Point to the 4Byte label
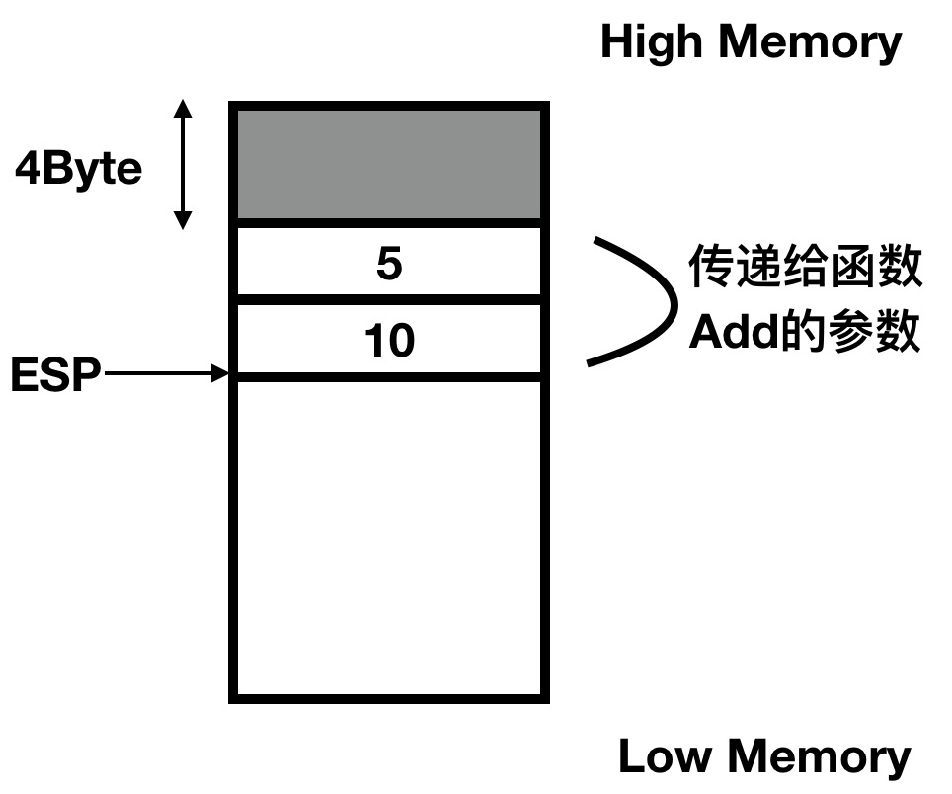79,170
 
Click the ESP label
55,376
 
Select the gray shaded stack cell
388,164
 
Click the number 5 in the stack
389,265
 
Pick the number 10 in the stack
389,342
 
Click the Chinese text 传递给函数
805,269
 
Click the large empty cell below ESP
388,538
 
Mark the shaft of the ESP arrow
158,374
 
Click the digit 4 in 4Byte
26,170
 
